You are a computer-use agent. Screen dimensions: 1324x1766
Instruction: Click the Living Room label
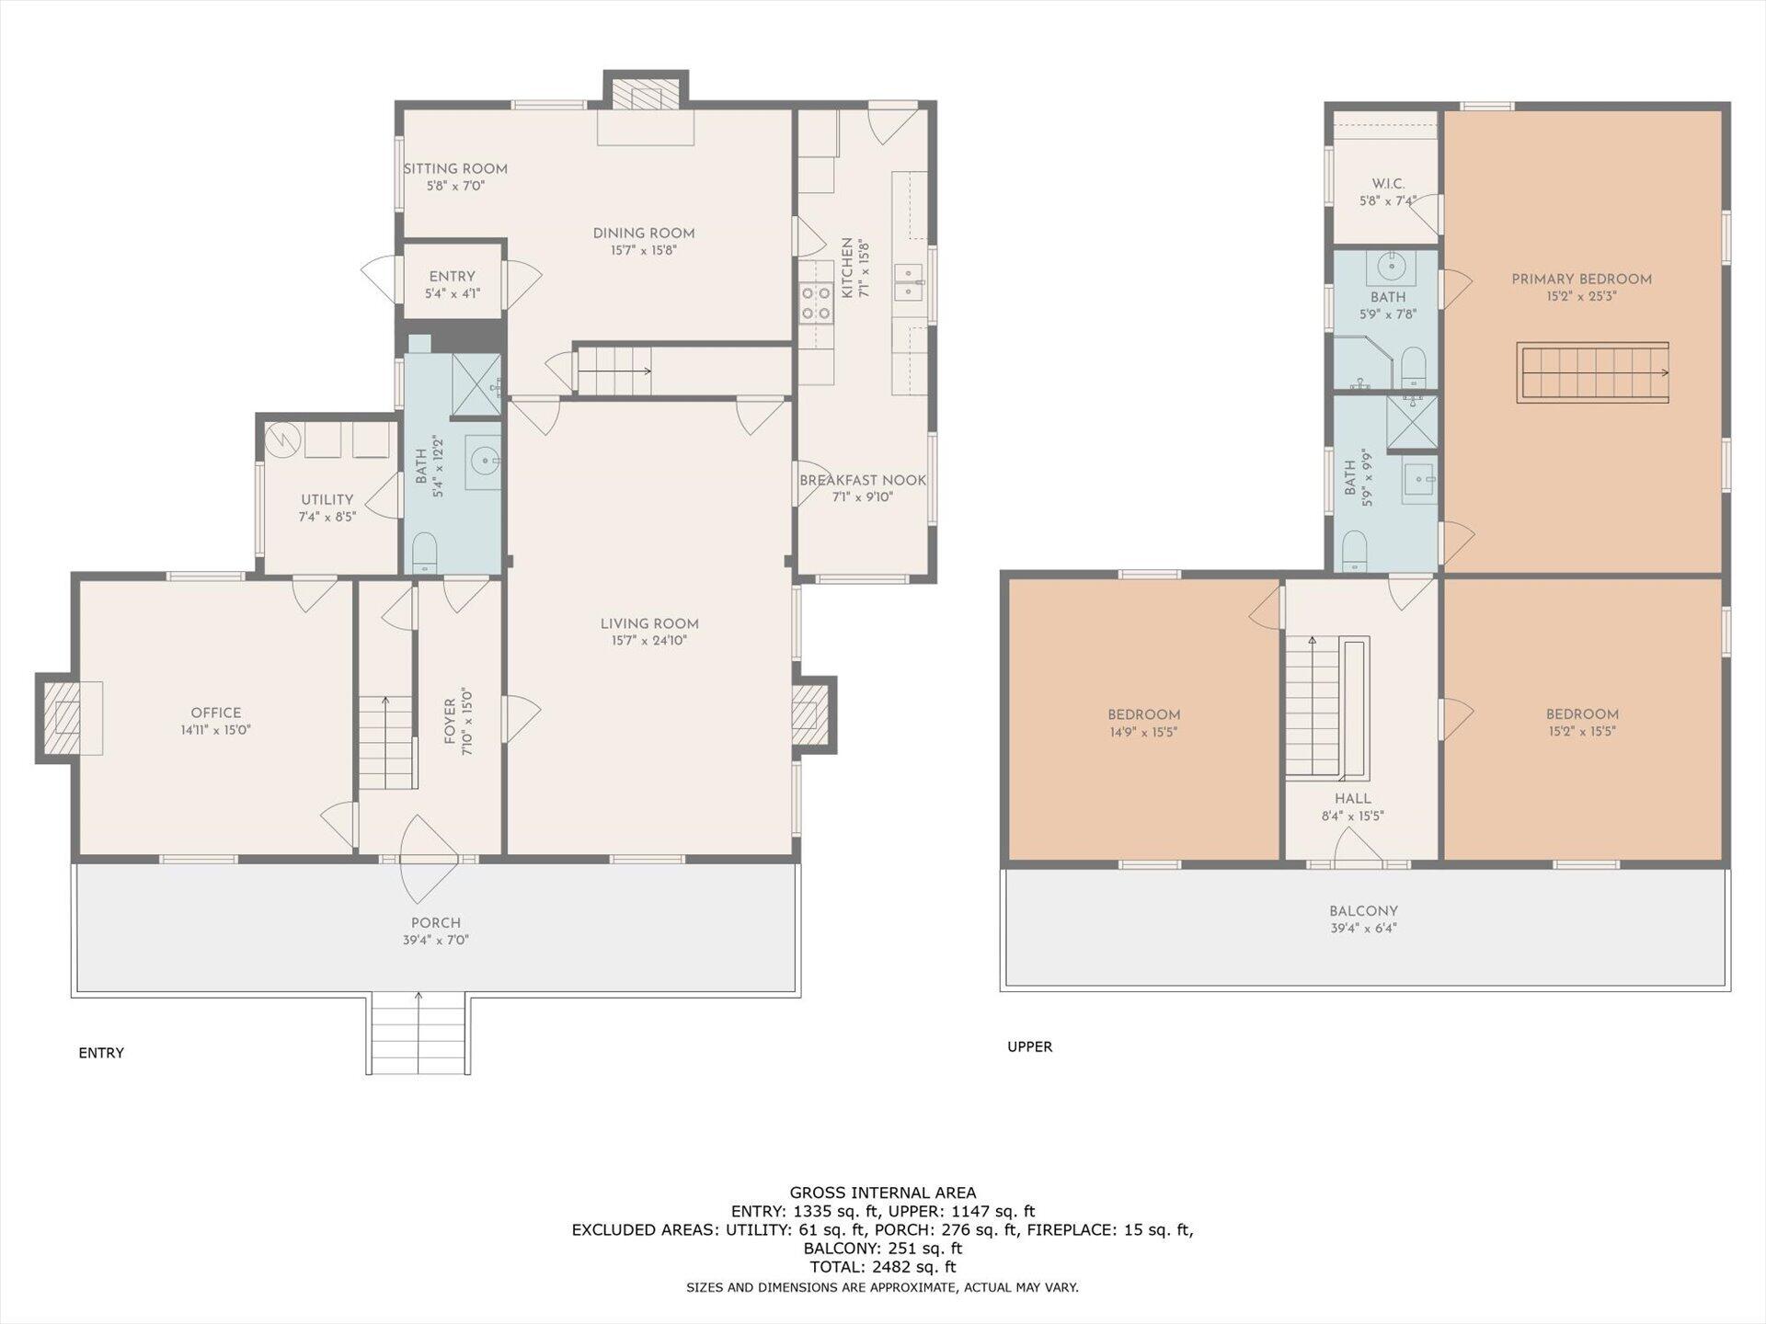tap(649, 623)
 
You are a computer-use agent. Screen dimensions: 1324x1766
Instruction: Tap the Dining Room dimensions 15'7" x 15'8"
tap(644, 250)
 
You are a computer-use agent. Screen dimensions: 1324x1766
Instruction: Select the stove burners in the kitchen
tap(815, 304)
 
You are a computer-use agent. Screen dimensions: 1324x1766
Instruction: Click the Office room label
tap(216, 713)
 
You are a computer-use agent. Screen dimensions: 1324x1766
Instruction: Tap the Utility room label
tap(327, 500)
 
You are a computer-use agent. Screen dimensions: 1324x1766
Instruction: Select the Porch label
tap(436, 923)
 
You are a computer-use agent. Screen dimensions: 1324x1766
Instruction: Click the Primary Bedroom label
tap(1581, 280)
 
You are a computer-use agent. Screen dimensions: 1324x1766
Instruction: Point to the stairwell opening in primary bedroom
tap(1592, 372)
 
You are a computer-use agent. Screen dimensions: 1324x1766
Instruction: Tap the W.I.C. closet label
tap(1387, 184)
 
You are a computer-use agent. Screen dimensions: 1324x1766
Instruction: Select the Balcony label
tap(1362, 911)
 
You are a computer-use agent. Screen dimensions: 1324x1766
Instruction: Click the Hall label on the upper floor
tap(1352, 799)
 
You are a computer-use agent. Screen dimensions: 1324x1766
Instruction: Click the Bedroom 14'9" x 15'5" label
tap(1143, 715)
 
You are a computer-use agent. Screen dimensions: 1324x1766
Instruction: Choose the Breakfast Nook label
tap(862, 481)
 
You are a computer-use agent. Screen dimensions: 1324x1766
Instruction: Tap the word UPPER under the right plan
tap(1029, 1046)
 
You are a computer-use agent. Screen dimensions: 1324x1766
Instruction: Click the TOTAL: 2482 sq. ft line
tap(882, 1267)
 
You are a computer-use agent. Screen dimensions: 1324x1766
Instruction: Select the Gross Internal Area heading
tap(882, 1193)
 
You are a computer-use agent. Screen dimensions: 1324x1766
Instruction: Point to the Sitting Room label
tap(455, 169)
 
